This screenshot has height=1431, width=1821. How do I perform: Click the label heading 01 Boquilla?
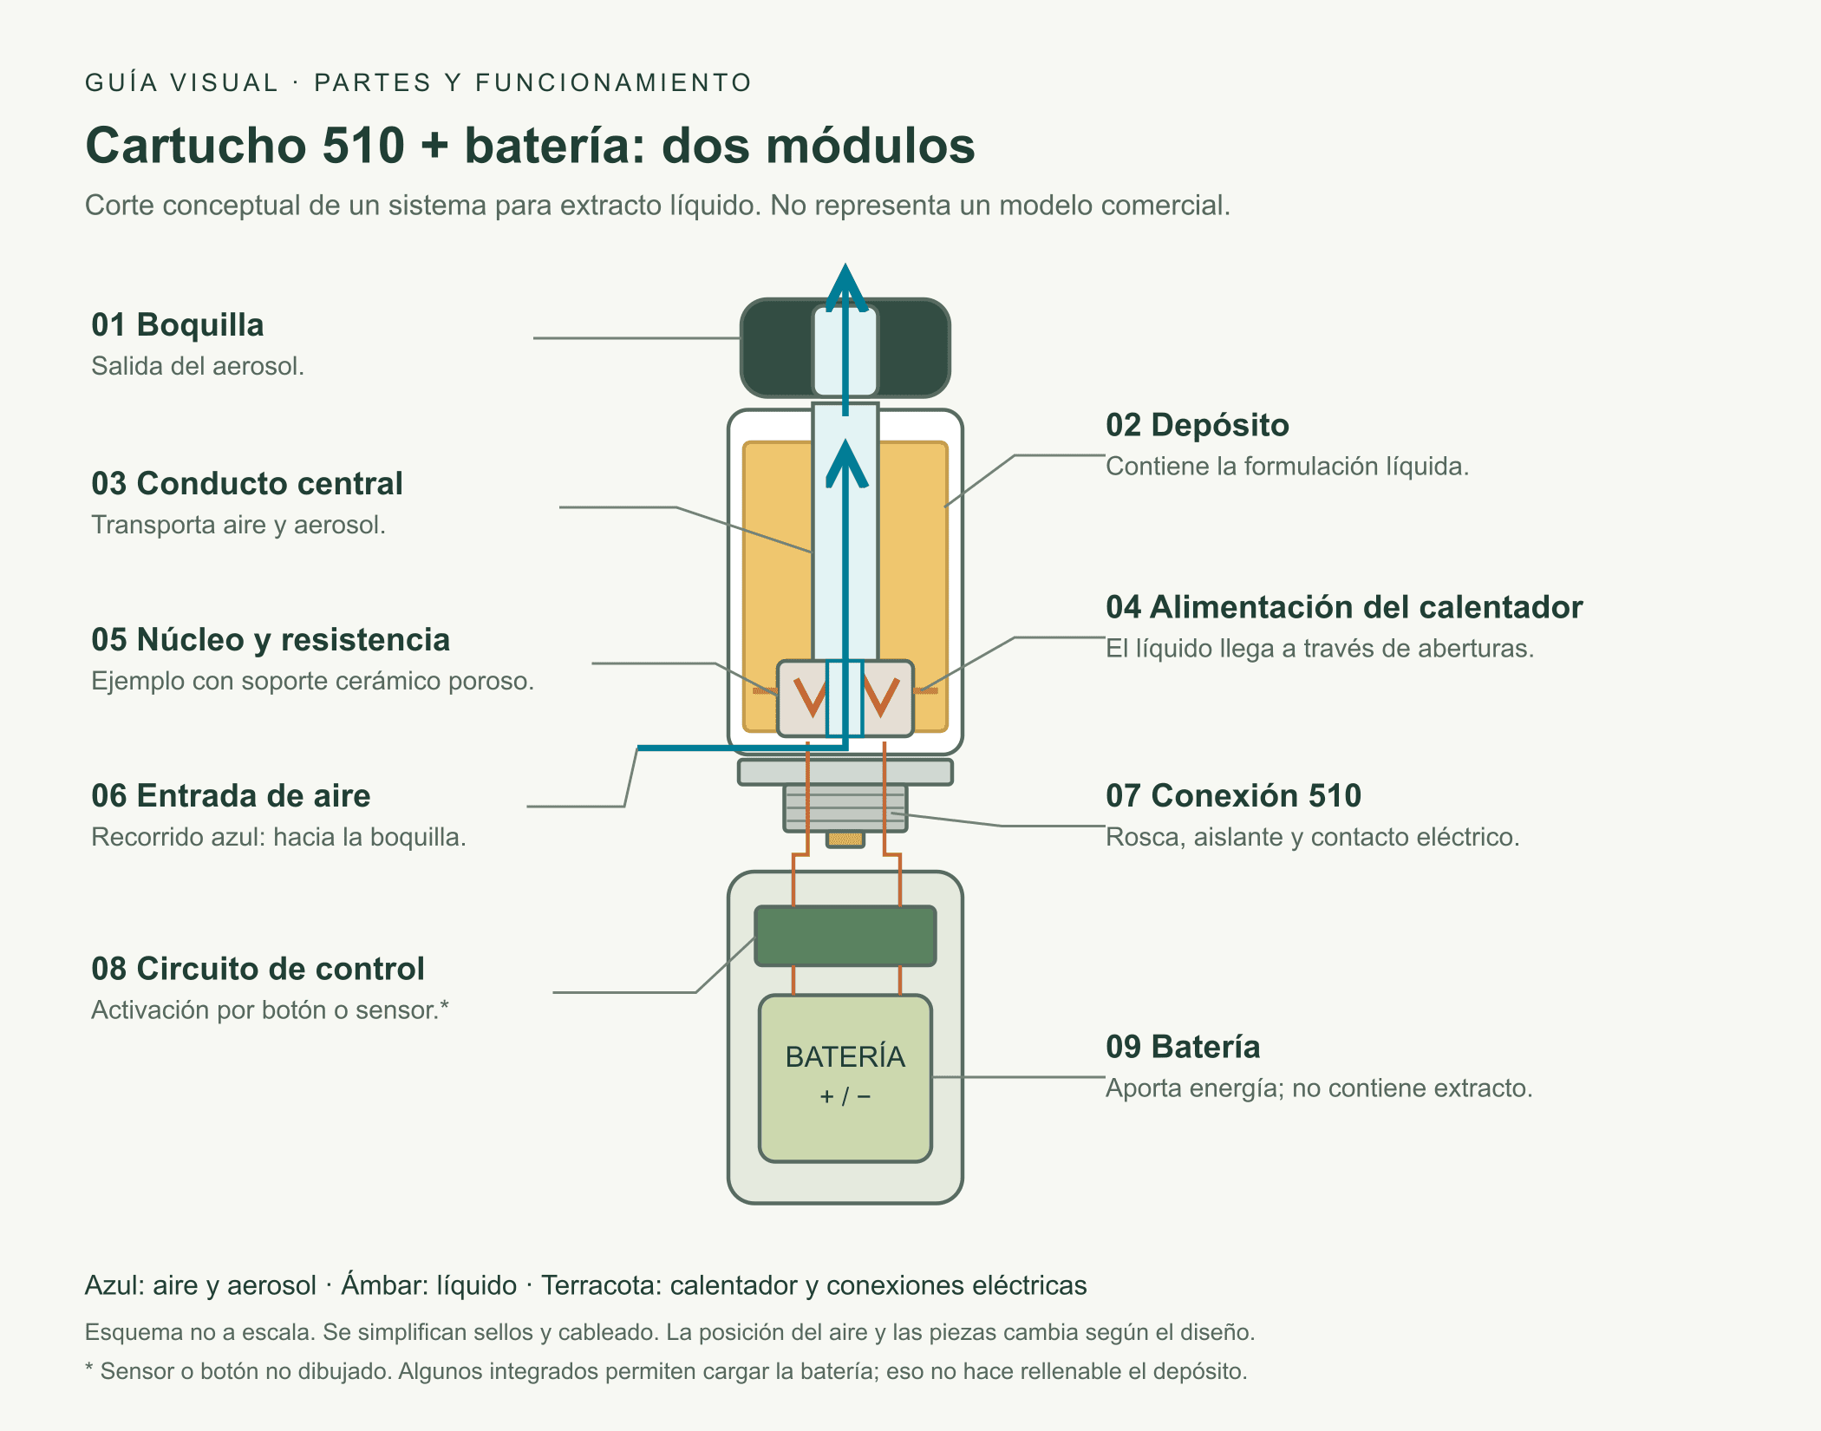pyautogui.click(x=178, y=325)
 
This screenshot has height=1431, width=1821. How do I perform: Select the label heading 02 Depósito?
pyautogui.click(x=1198, y=425)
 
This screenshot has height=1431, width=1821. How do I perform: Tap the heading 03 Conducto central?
pyautogui.click(x=247, y=484)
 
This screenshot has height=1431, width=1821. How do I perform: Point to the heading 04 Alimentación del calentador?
pyautogui.click(x=1344, y=607)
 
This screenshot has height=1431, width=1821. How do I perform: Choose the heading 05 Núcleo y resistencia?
pyautogui.click(x=271, y=640)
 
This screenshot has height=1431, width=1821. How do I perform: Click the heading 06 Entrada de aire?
pyautogui.click(x=231, y=796)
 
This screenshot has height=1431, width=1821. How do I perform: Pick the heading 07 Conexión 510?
pyautogui.click(x=1233, y=795)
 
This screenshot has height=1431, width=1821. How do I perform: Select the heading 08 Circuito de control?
pyautogui.click(x=258, y=969)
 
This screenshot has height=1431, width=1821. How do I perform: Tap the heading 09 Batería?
pyautogui.click(x=1183, y=1047)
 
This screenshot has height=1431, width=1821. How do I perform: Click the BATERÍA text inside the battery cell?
pyautogui.click(x=845, y=1056)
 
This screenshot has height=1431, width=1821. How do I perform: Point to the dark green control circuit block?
pyautogui.click(x=845, y=936)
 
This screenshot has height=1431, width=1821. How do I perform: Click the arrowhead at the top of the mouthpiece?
pyautogui.click(x=845, y=286)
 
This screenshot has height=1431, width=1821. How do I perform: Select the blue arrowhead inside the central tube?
pyautogui.click(x=846, y=463)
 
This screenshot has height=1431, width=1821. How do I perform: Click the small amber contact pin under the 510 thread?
pyautogui.click(x=845, y=840)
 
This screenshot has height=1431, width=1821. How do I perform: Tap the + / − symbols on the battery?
pyautogui.click(x=845, y=1097)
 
